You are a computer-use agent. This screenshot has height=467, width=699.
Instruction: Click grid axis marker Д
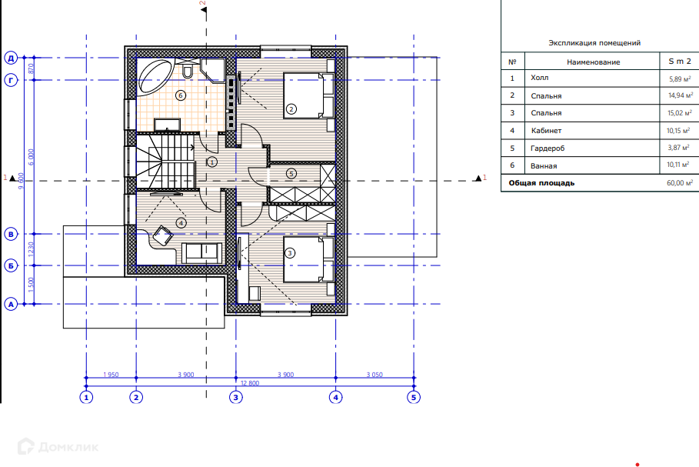click(x=11, y=58)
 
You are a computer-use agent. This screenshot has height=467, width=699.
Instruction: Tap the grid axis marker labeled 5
click(x=414, y=397)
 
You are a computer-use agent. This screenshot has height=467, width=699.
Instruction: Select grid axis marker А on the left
click(x=11, y=304)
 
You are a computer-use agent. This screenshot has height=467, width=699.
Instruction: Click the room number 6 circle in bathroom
click(x=181, y=95)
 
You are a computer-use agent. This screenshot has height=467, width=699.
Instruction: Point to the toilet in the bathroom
click(x=188, y=71)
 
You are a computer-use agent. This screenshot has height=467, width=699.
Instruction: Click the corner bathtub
click(x=155, y=76)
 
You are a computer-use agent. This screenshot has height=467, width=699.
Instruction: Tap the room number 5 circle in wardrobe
click(x=291, y=174)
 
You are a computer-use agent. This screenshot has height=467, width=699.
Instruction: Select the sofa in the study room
click(x=201, y=253)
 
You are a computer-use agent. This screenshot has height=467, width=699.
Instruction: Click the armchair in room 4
click(x=163, y=235)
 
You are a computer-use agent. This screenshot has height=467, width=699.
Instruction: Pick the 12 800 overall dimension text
click(x=250, y=383)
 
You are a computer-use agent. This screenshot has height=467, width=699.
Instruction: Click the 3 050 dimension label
click(x=374, y=375)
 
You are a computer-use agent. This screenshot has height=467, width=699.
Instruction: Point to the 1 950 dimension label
click(x=111, y=375)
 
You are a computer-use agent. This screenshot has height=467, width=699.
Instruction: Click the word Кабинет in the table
click(x=546, y=131)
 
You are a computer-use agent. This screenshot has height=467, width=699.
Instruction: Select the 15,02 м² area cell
click(x=679, y=113)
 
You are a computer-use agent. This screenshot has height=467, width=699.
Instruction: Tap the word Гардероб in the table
click(x=548, y=148)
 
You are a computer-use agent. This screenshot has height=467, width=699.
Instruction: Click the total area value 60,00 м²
click(x=680, y=183)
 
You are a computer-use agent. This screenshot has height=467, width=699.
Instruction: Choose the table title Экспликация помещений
click(x=594, y=43)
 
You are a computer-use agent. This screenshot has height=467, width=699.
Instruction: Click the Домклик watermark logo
click(x=58, y=446)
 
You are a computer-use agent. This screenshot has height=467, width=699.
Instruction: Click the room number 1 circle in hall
click(x=212, y=162)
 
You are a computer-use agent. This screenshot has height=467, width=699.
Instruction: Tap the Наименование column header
click(x=594, y=62)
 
